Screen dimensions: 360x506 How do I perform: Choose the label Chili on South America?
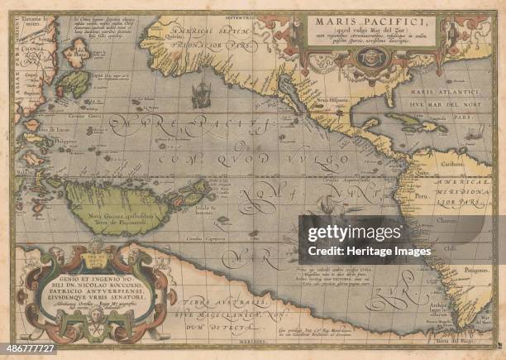pyautogui.click(x=451, y=245)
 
